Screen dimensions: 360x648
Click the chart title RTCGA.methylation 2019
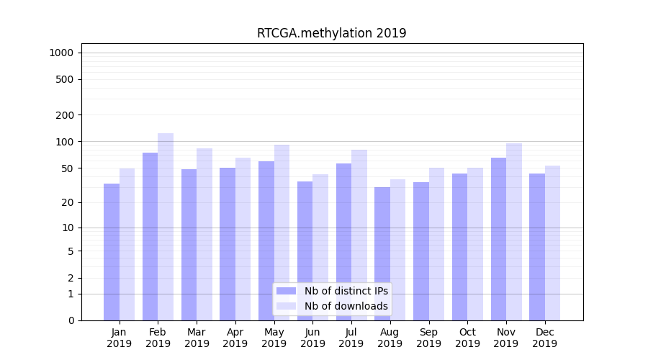click(331, 33)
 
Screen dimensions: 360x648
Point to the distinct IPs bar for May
click(266, 240)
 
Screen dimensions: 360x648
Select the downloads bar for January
click(127, 244)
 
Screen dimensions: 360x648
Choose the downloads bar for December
click(552, 243)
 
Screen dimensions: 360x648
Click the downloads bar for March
click(204, 234)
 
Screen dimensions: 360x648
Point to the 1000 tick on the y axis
click(61, 53)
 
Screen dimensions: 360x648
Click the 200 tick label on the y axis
click(65, 115)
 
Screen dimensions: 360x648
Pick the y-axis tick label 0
click(71, 320)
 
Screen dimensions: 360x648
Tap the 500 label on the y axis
click(65, 79)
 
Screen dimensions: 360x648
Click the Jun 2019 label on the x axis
click(312, 338)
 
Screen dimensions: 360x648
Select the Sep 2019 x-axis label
click(428, 338)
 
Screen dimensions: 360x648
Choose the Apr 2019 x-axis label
click(235, 338)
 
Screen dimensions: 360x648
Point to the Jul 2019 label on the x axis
click(351, 338)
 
